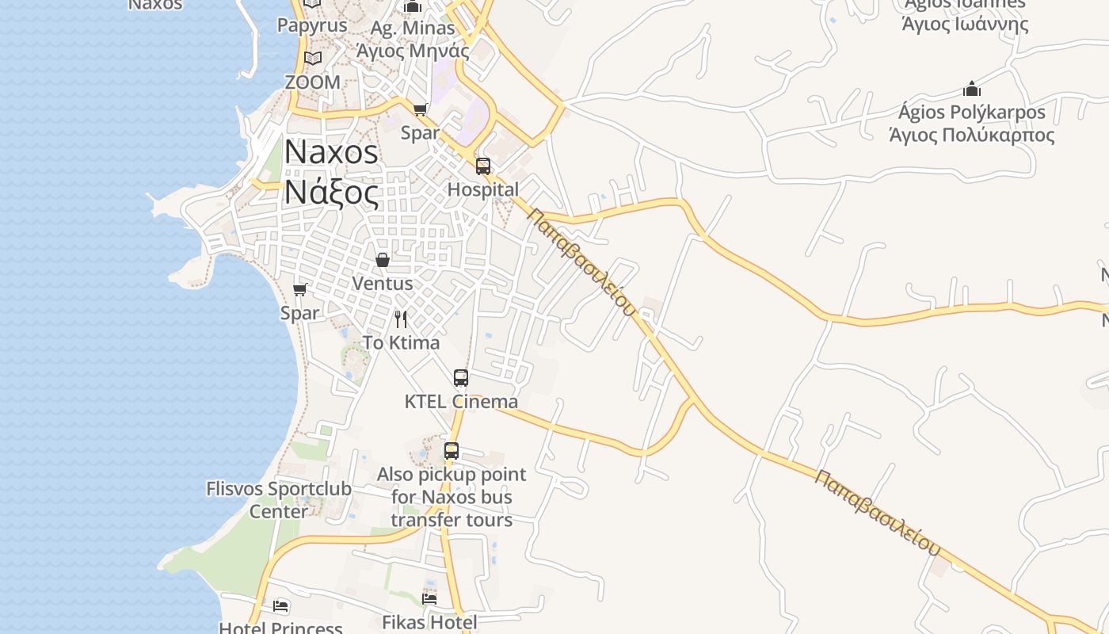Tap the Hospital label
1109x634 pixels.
click(x=483, y=189)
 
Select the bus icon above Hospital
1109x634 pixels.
click(x=483, y=166)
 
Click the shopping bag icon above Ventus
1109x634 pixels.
click(x=383, y=260)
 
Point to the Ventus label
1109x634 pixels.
click(x=383, y=283)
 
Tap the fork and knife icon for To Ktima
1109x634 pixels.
click(x=401, y=319)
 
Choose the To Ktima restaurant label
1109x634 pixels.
click(x=401, y=342)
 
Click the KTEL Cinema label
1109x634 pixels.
click(x=461, y=401)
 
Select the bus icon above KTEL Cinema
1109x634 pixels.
click(x=461, y=378)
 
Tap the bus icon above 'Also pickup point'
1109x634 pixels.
click(x=452, y=451)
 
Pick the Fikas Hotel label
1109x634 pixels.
click(x=429, y=622)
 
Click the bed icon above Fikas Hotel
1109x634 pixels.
click(x=429, y=598)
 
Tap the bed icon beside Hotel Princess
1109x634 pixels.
click(x=280, y=607)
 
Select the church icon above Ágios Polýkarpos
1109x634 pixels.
click(x=972, y=89)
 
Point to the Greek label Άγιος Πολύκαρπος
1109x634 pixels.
click(x=972, y=135)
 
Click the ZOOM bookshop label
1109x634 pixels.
click(x=313, y=82)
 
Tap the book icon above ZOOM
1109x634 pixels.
click(x=313, y=59)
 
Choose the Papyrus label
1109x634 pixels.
click(x=312, y=25)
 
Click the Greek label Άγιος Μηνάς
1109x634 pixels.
click(x=413, y=52)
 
